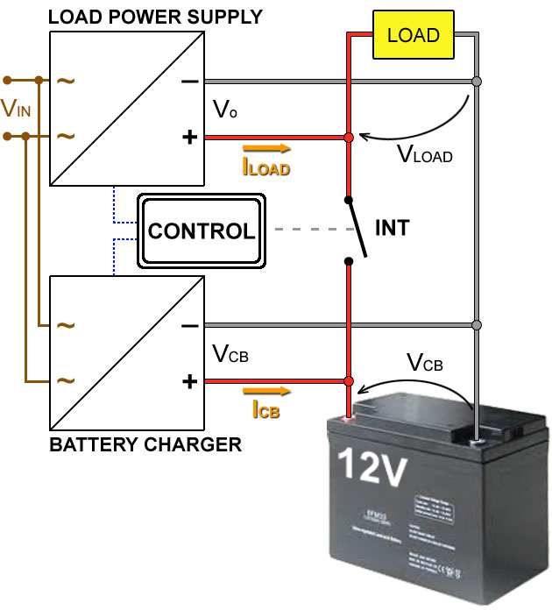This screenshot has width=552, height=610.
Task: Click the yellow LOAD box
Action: point(413,36)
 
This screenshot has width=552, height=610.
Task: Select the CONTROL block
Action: point(202,231)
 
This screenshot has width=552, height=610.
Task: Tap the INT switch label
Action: point(392,228)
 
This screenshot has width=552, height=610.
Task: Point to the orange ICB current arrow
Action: point(265,392)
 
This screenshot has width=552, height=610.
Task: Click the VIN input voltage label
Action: point(16,109)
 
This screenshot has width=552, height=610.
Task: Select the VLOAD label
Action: point(424,154)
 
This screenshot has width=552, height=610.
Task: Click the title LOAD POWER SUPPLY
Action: point(155,17)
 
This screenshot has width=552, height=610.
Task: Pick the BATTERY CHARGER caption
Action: point(145,444)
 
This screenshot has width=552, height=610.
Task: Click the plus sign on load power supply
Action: point(189,138)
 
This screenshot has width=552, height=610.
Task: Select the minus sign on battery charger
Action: point(189,326)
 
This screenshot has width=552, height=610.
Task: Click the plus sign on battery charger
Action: point(189,381)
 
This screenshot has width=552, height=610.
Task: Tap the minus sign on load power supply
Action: point(189,82)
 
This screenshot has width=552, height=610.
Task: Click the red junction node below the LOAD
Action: point(349,138)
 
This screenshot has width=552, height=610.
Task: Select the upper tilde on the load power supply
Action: point(67,82)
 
